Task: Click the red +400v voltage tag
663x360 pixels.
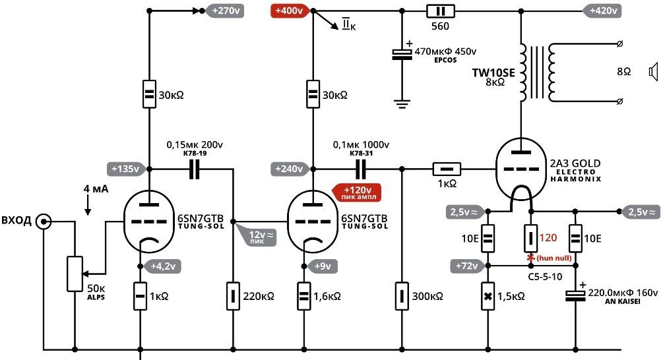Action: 291,11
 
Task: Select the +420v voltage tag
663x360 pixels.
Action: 602,11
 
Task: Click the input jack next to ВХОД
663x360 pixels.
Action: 43,221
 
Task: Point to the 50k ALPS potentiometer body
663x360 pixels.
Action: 75,274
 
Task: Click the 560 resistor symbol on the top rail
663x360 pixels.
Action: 440,11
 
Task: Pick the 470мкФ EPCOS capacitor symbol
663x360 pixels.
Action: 402,54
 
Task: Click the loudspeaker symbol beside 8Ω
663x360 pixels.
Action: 654,72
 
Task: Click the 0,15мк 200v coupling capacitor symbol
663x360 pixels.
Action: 194,169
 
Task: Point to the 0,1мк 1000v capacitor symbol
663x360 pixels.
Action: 361,169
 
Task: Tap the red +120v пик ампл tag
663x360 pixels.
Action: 358,193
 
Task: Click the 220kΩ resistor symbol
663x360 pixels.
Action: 233,296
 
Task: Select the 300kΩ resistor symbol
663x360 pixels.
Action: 402,296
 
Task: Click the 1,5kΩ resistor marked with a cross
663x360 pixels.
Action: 488,296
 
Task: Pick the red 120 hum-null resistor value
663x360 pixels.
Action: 548,237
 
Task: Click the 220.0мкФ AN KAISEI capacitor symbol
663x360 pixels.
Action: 575,295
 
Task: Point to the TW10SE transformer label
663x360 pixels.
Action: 493,73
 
